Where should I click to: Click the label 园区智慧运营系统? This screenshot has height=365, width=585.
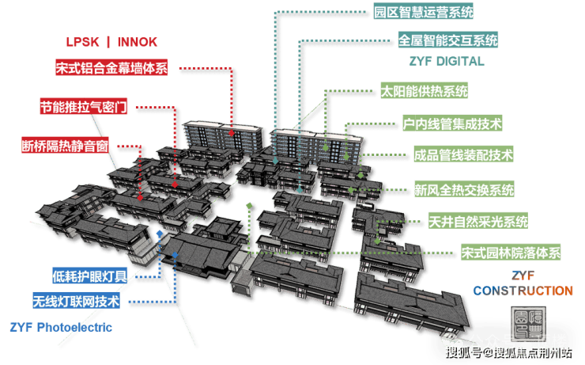424,13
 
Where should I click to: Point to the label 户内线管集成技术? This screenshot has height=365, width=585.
452,124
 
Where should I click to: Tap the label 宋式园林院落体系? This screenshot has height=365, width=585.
511,254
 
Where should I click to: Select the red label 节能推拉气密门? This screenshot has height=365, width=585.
83,107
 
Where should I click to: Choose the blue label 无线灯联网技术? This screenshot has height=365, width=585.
76,302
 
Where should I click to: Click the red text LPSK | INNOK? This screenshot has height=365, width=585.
111,42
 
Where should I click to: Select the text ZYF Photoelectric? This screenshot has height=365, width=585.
61,326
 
